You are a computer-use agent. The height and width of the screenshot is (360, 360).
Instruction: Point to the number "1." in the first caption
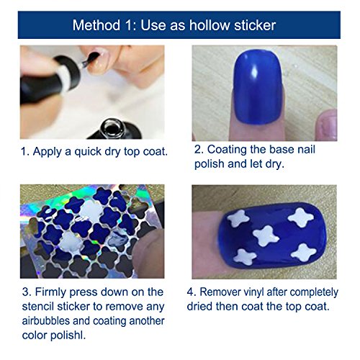coord(24,153)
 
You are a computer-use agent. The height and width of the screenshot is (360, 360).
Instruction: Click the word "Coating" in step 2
coord(230,150)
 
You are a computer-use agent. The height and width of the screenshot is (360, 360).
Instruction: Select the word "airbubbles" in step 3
coord(48,319)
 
